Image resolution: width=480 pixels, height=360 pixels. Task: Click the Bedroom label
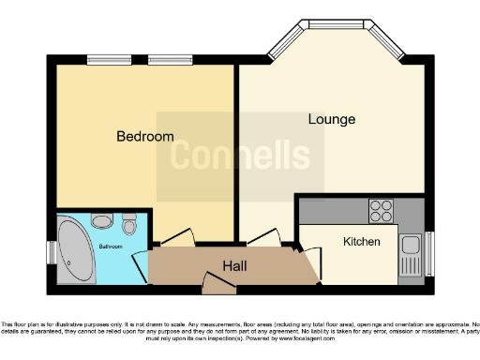144,137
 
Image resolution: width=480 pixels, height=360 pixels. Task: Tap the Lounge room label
332,120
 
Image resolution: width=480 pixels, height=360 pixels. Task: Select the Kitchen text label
361,242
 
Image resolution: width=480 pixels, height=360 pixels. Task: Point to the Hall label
234,266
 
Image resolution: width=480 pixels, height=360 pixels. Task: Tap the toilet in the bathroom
129,224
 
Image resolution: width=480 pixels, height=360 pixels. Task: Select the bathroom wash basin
104,222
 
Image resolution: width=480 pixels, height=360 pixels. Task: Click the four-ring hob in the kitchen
381,210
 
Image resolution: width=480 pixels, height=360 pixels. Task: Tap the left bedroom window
104,60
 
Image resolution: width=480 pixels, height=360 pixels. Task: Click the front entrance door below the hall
212,280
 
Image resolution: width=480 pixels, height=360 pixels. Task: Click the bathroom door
141,266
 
